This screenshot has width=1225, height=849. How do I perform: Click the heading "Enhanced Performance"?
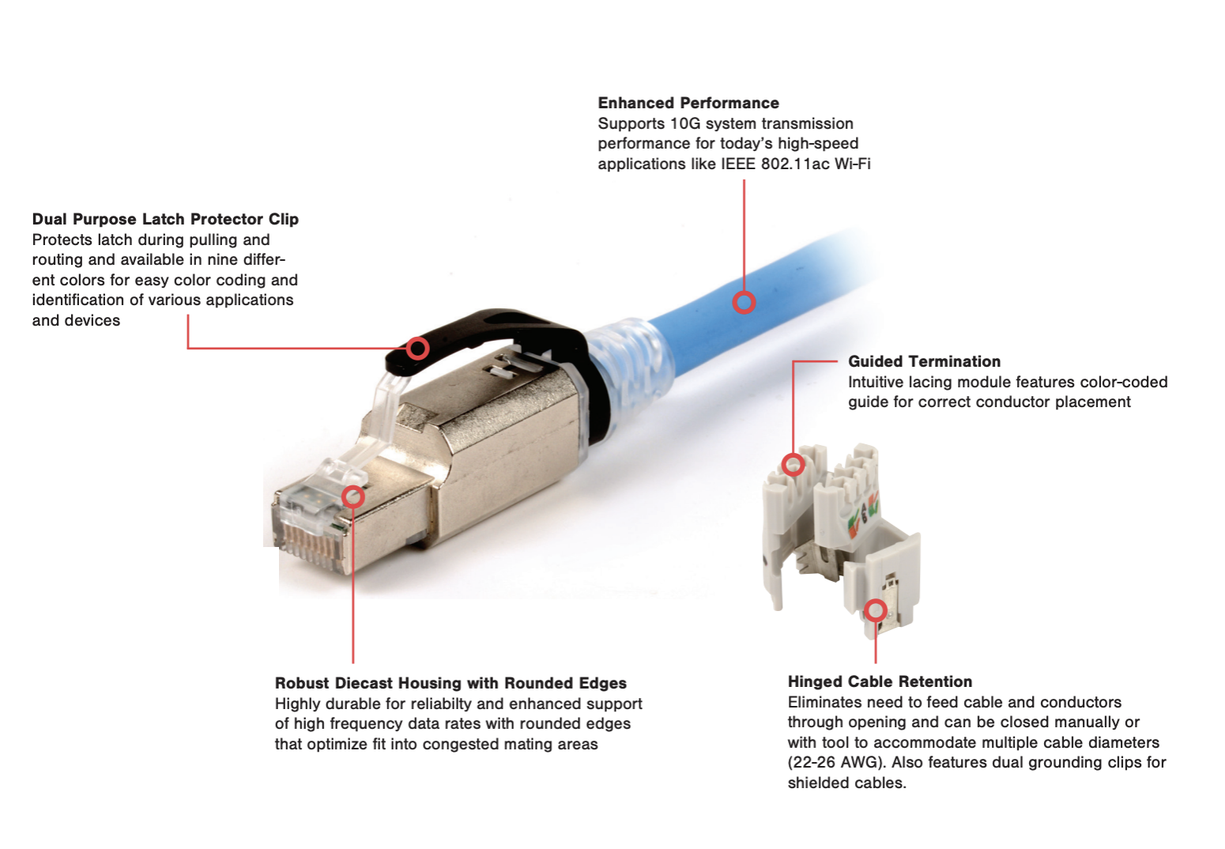[688, 103]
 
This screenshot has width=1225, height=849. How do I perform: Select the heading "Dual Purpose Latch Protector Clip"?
[165, 219]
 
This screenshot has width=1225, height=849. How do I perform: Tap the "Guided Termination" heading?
[924, 361]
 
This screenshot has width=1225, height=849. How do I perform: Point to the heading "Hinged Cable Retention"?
[880, 681]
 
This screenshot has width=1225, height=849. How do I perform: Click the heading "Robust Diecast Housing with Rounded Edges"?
[450, 683]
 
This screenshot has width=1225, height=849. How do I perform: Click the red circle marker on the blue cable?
[744, 303]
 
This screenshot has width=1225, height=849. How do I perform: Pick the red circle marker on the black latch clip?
[418, 349]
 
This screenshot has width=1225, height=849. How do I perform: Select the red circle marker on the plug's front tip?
[353, 496]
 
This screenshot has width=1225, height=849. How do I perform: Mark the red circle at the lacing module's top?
[793, 465]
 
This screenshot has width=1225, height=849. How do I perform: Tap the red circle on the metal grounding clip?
[876, 610]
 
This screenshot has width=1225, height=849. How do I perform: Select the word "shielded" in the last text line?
[819, 783]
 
